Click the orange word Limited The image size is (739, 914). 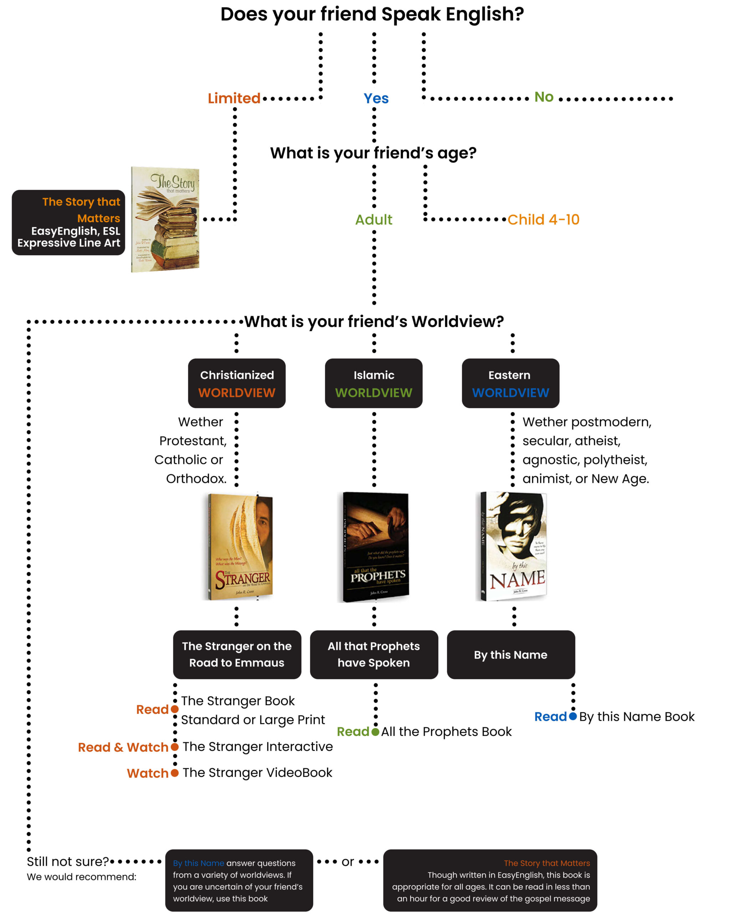point(234,99)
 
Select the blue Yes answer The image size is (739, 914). point(376,99)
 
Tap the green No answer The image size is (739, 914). point(544,97)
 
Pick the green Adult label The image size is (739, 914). point(374,220)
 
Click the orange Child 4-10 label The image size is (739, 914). point(543,220)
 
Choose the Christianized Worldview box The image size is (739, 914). point(237,383)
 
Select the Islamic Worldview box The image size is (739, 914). point(374,383)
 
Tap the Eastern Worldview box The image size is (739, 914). point(510,383)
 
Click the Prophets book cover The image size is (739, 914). point(376,547)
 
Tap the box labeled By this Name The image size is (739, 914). point(510,654)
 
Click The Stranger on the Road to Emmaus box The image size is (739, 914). point(237,654)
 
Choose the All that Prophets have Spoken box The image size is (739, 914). point(374,654)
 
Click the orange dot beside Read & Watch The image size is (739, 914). point(174,747)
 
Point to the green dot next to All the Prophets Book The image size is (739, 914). point(375,732)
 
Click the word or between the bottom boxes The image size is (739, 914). point(347,862)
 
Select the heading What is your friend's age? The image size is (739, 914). point(373,153)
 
